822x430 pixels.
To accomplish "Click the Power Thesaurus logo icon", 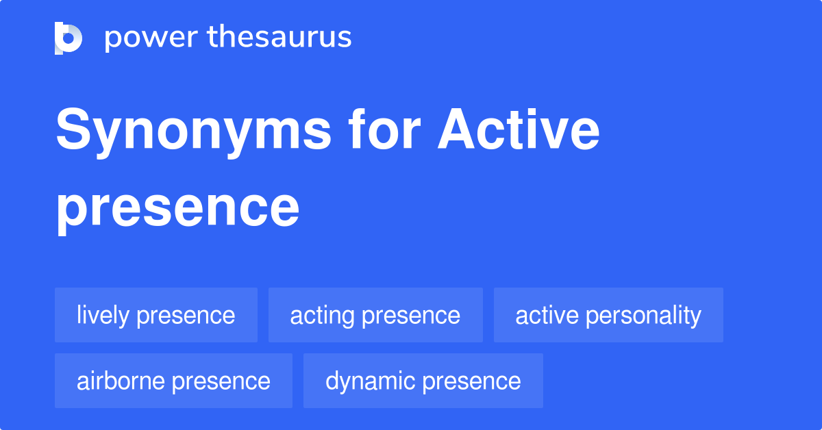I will [x=68, y=38].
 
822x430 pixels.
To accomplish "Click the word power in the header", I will [x=149, y=38].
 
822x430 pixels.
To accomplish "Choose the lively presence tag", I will [x=156, y=316].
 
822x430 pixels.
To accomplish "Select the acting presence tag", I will [x=375, y=316].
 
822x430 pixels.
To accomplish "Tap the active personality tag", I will [x=608, y=316].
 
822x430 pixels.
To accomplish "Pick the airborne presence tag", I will [x=173, y=381].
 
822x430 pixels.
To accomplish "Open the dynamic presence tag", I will [x=423, y=381].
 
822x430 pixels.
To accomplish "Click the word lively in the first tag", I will [x=103, y=316].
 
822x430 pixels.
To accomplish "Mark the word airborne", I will [x=121, y=381].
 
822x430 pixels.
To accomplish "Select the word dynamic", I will [x=371, y=381].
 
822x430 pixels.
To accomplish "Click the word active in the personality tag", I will [x=545, y=316].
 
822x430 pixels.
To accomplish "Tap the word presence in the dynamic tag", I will [x=472, y=381].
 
